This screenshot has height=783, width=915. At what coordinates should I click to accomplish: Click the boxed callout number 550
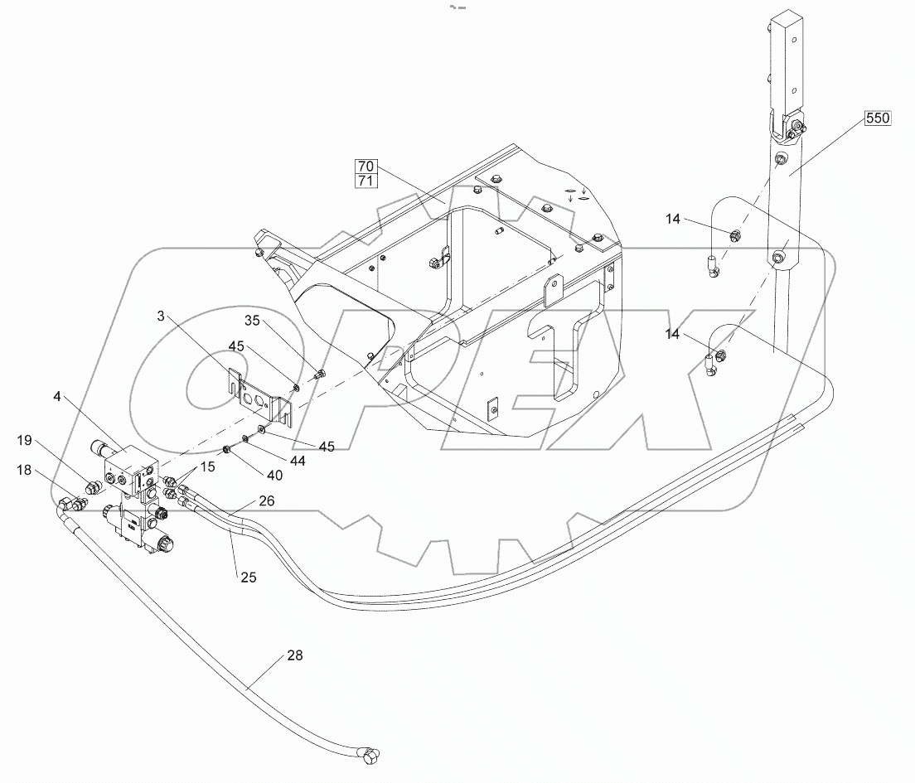pyautogui.click(x=878, y=118)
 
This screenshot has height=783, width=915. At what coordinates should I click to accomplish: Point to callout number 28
pyautogui.click(x=294, y=655)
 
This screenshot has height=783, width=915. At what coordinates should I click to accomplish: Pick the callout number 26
pyautogui.click(x=266, y=500)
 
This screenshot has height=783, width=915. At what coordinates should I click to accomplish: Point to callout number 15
pyautogui.click(x=206, y=466)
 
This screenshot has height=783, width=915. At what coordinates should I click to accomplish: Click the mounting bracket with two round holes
pyautogui.click(x=259, y=399)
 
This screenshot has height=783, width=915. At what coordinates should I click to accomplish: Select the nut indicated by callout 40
pyautogui.click(x=225, y=450)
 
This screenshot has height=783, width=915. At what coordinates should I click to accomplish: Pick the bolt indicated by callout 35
pyautogui.click(x=321, y=375)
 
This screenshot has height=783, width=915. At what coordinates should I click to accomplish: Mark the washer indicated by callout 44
pyautogui.click(x=246, y=439)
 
